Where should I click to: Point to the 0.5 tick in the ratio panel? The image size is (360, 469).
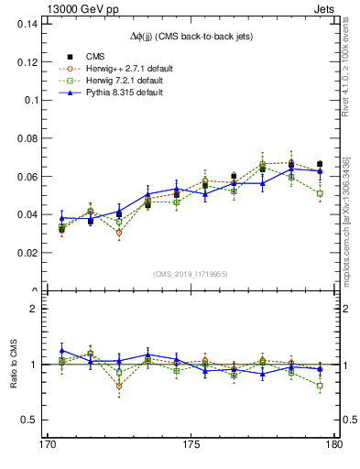[29, 420]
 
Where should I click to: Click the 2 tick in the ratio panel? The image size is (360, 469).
[34, 309]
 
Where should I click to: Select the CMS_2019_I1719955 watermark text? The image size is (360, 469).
[191, 273]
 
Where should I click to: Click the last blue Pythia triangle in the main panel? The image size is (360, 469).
[320, 171]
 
